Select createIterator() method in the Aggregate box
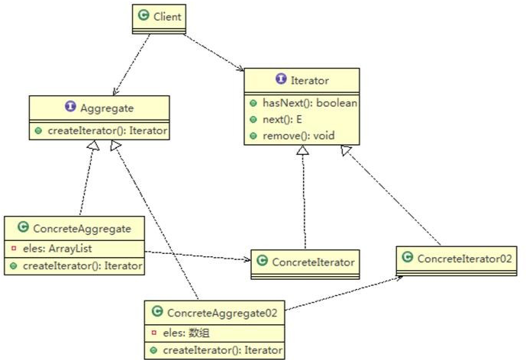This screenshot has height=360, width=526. pyautogui.click(x=105, y=131)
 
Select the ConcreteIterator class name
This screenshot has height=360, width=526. pyautogui.click(x=313, y=262)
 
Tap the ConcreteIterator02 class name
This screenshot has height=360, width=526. pyautogui.click(x=460, y=259)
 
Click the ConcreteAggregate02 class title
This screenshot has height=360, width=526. pyautogui.click(x=225, y=312)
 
